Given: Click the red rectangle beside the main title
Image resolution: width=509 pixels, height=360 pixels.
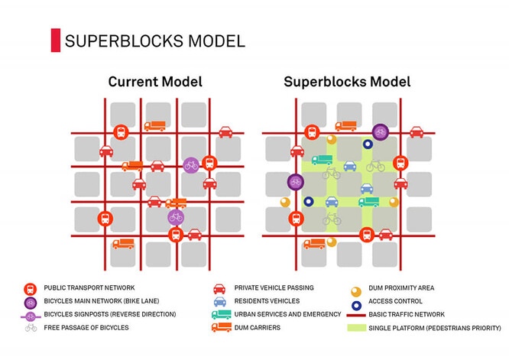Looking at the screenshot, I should (55, 41).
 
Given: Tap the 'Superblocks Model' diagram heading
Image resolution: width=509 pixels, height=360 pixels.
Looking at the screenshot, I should (347, 82).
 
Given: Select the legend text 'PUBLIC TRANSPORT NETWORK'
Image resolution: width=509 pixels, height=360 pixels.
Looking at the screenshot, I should (89, 287).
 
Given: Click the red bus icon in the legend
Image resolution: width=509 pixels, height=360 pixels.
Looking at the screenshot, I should (31, 288).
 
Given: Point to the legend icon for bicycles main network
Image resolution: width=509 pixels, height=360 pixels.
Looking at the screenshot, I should (31, 301).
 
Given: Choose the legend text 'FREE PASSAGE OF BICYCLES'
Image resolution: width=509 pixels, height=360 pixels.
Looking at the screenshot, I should (86, 328).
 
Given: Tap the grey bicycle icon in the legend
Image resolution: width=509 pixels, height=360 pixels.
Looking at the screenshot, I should (31, 328).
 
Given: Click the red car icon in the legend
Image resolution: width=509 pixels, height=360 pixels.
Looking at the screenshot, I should (219, 288).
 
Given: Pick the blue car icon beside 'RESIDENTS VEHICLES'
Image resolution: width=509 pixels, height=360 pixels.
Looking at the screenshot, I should (219, 301).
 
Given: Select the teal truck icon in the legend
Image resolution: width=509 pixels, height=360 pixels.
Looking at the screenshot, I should (220, 314).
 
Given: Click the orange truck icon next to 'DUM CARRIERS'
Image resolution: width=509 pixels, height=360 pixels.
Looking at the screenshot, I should (220, 328).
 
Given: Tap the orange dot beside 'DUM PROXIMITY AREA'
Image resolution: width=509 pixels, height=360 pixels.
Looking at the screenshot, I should (355, 288).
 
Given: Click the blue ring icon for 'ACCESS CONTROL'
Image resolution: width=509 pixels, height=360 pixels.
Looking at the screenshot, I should (355, 301).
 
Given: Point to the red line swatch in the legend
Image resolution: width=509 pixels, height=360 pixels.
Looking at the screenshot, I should (355, 314).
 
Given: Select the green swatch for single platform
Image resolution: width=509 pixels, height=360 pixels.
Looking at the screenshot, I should (355, 328).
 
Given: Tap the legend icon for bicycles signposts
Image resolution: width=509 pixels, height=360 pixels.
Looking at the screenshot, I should (31, 314).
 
